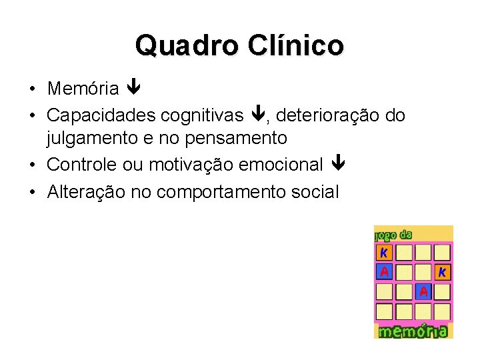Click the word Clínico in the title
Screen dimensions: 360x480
(296, 45)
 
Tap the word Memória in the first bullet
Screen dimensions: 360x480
(83, 89)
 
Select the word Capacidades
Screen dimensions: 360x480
(101, 115)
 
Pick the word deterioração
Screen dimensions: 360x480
(328, 115)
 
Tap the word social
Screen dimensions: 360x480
(316, 192)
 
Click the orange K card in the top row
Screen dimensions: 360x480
(384, 253)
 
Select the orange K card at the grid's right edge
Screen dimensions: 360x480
(442, 272)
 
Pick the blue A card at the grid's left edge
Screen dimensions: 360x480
(384, 272)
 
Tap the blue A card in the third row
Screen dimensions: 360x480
(423, 291)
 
